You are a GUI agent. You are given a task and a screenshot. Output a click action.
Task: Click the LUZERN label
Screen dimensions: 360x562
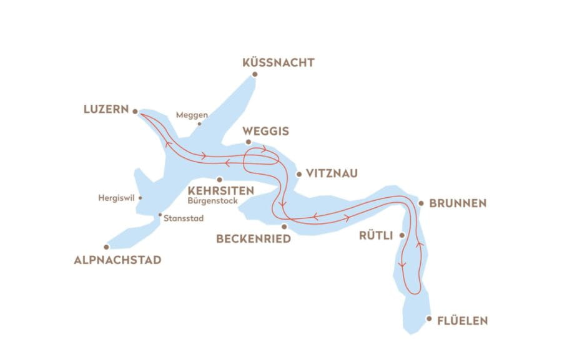pyautogui.click(x=106, y=109)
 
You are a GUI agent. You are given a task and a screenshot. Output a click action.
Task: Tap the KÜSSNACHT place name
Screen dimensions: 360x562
pyautogui.click(x=278, y=62)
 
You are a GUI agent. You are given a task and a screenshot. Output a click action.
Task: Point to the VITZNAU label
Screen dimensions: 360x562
pyautogui.click(x=332, y=173)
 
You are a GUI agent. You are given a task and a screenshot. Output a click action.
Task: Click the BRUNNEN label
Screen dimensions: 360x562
pyautogui.click(x=458, y=203)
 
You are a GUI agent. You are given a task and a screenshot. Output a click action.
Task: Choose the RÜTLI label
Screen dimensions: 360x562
pyautogui.click(x=376, y=236)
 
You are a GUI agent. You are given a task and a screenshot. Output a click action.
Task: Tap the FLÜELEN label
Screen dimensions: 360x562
pyautogui.click(x=463, y=321)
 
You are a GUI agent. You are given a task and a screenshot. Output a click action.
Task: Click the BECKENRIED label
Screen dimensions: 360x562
pyautogui.click(x=253, y=239)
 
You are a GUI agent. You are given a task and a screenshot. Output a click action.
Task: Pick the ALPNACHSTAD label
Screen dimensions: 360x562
pyautogui.click(x=117, y=260)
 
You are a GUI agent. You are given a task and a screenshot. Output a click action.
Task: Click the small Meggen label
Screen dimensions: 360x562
pyautogui.click(x=192, y=115)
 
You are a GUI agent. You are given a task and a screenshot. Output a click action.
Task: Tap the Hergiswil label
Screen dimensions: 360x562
pyautogui.click(x=117, y=198)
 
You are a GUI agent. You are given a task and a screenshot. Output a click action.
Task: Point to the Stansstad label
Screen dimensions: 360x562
pyautogui.click(x=183, y=218)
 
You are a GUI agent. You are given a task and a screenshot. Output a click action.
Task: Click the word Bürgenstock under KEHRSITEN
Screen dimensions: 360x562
pyautogui.click(x=212, y=202)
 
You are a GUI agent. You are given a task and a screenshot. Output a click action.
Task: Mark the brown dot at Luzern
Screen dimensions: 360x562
pyautogui.click(x=134, y=110)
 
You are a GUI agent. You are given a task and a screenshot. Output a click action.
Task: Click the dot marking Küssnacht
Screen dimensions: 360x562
pyautogui.click(x=255, y=75)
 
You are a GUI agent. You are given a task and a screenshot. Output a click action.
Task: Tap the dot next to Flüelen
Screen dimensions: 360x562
pyautogui.click(x=429, y=319)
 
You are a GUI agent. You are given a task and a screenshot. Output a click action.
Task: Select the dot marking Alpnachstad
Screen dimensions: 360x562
pyautogui.click(x=106, y=247)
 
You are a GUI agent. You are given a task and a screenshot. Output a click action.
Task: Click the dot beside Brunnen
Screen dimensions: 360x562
pyautogui.click(x=421, y=203)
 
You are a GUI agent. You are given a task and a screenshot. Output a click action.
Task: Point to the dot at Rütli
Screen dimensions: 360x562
pyautogui.click(x=402, y=235)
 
